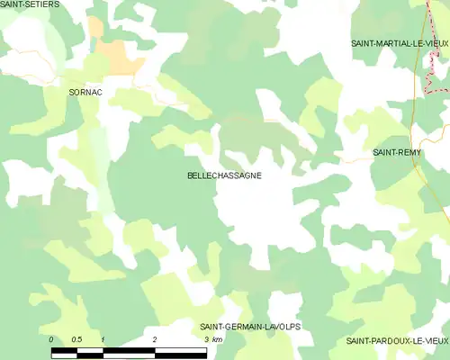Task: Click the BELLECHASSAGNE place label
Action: click(225, 175)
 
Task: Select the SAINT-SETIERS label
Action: click(30, 5)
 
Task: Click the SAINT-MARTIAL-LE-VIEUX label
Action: click(400, 43)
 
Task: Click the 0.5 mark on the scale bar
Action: click(77, 339)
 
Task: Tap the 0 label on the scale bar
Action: click(52, 339)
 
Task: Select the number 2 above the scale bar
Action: click(156, 339)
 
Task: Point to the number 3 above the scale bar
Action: click(207, 339)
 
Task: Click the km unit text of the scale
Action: click(218, 339)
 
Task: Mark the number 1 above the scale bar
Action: click(103, 339)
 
